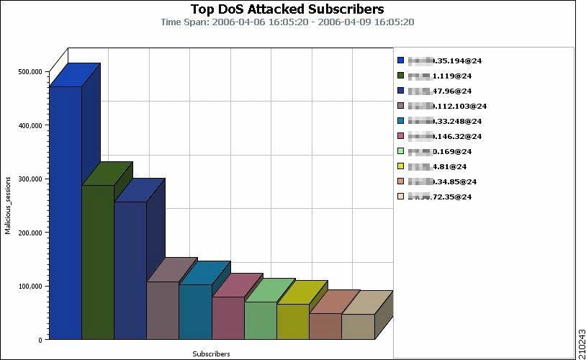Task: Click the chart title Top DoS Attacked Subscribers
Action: point(287,9)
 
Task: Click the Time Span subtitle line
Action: point(287,22)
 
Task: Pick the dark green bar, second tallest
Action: point(98,263)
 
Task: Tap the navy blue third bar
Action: point(130,270)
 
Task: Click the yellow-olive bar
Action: point(293,321)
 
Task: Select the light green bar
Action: point(260,320)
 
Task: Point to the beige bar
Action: point(358,326)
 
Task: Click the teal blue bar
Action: point(195,312)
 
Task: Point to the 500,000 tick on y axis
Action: point(30,72)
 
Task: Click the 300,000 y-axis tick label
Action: point(30,179)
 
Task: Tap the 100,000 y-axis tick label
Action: point(30,286)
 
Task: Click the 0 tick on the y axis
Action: point(40,339)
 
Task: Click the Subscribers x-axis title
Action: point(211,354)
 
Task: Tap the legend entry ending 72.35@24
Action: point(440,197)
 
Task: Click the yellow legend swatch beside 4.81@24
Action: point(401,166)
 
